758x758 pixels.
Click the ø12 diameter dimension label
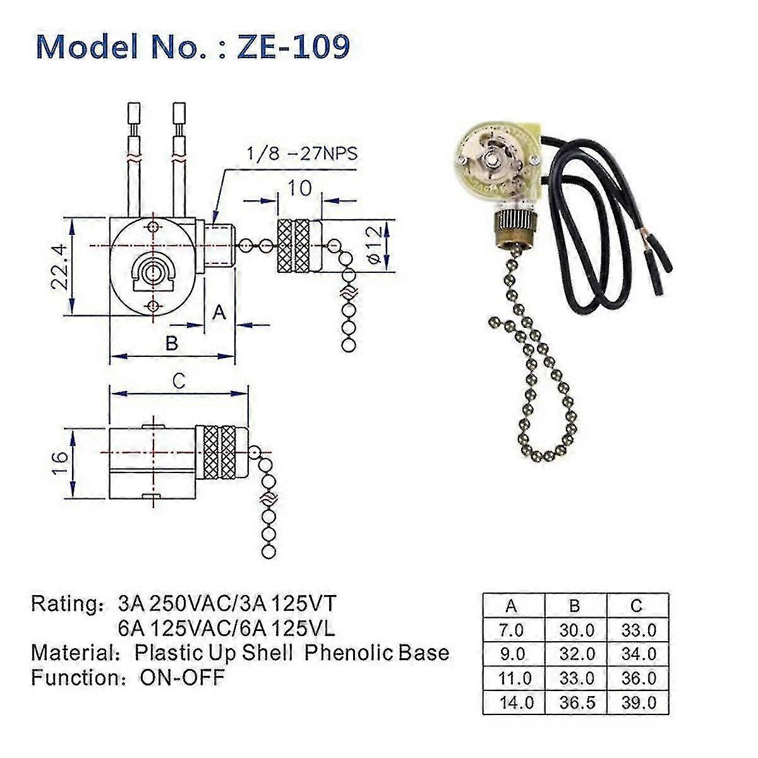point(374,246)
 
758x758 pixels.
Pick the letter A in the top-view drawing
point(219,311)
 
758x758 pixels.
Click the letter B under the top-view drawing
point(171,343)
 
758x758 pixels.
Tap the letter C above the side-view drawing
point(179,380)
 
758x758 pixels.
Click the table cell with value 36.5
point(576,702)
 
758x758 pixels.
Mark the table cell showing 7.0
point(512,630)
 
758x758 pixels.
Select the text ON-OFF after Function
point(182,678)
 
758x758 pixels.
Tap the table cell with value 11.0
point(514,678)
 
